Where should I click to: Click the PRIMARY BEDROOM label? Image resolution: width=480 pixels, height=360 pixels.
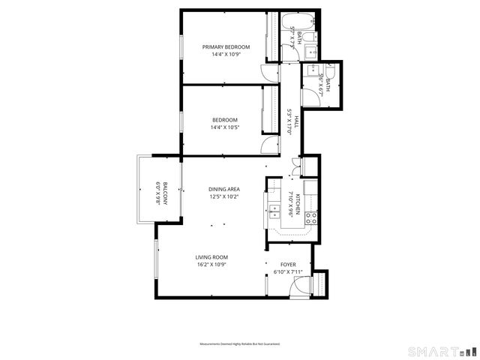[x=226, y=46]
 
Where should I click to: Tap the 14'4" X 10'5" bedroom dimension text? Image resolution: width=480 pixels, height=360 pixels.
[x=224, y=127]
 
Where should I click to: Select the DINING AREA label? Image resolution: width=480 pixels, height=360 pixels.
[x=224, y=190]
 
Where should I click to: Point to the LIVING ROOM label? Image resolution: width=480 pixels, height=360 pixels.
[x=211, y=257]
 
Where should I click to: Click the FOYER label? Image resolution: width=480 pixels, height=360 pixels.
[x=288, y=265]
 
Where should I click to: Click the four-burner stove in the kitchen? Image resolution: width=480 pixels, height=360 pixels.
[x=311, y=218]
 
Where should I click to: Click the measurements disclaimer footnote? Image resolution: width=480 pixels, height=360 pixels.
[x=239, y=343]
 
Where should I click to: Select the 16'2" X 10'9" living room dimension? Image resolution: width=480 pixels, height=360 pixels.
[x=211, y=265]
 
